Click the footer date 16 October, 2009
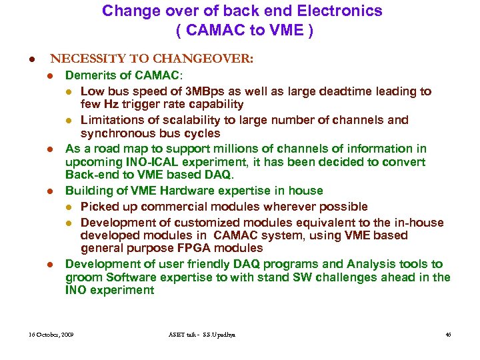coord(51,334)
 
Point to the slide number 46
coord(447,334)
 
